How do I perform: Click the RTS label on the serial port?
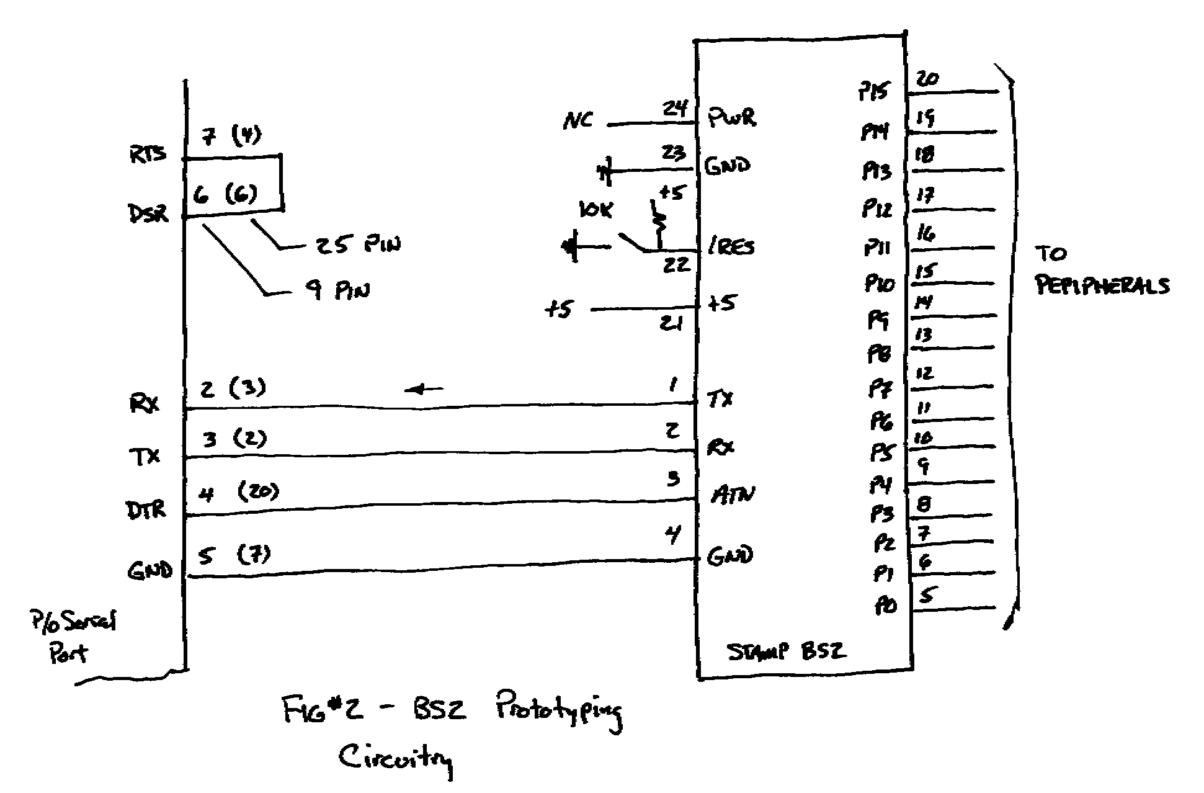point(148,154)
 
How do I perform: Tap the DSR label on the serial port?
point(148,213)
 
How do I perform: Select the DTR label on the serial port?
point(146,510)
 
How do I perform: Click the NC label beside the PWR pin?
point(577,120)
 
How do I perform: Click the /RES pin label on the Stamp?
point(732,248)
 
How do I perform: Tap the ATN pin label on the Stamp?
point(733,495)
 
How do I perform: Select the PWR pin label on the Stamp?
point(733,117)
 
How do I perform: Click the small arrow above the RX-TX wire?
point(424,390)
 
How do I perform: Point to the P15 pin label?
point(873,92)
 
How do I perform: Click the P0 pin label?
point(886,605)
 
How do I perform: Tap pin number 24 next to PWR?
point(676,109)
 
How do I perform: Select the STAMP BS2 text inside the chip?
point(786,652)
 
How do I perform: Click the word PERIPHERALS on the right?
point(1102,286)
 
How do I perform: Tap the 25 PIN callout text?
point(358,244)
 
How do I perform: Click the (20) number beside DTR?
point(258,491)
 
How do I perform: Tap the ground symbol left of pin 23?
point(605,170)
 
